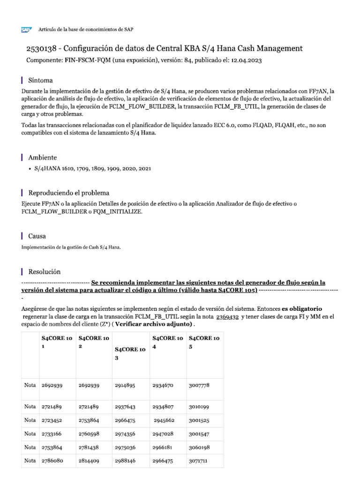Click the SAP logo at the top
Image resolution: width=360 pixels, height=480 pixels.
pos(26,30)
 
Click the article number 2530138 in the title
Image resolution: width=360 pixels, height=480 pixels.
pos(41,49)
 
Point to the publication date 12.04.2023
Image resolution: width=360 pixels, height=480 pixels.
pos(247,60)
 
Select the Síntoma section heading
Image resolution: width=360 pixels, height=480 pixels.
pos(41,80)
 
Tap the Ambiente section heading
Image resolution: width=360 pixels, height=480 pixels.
pos(43,157)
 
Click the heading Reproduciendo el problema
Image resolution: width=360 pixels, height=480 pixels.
pos(69,193)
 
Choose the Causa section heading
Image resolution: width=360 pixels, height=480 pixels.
pos(37,236)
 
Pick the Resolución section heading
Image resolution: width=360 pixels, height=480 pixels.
pos(45,271)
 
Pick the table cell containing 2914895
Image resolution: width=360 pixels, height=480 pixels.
pos(125,385)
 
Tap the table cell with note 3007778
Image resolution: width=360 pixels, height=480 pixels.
pos(199,385)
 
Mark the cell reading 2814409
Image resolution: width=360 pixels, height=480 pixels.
pos(89,460)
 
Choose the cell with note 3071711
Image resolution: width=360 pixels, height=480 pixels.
pos(198,460)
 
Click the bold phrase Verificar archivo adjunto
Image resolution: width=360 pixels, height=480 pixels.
pos(152,324)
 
